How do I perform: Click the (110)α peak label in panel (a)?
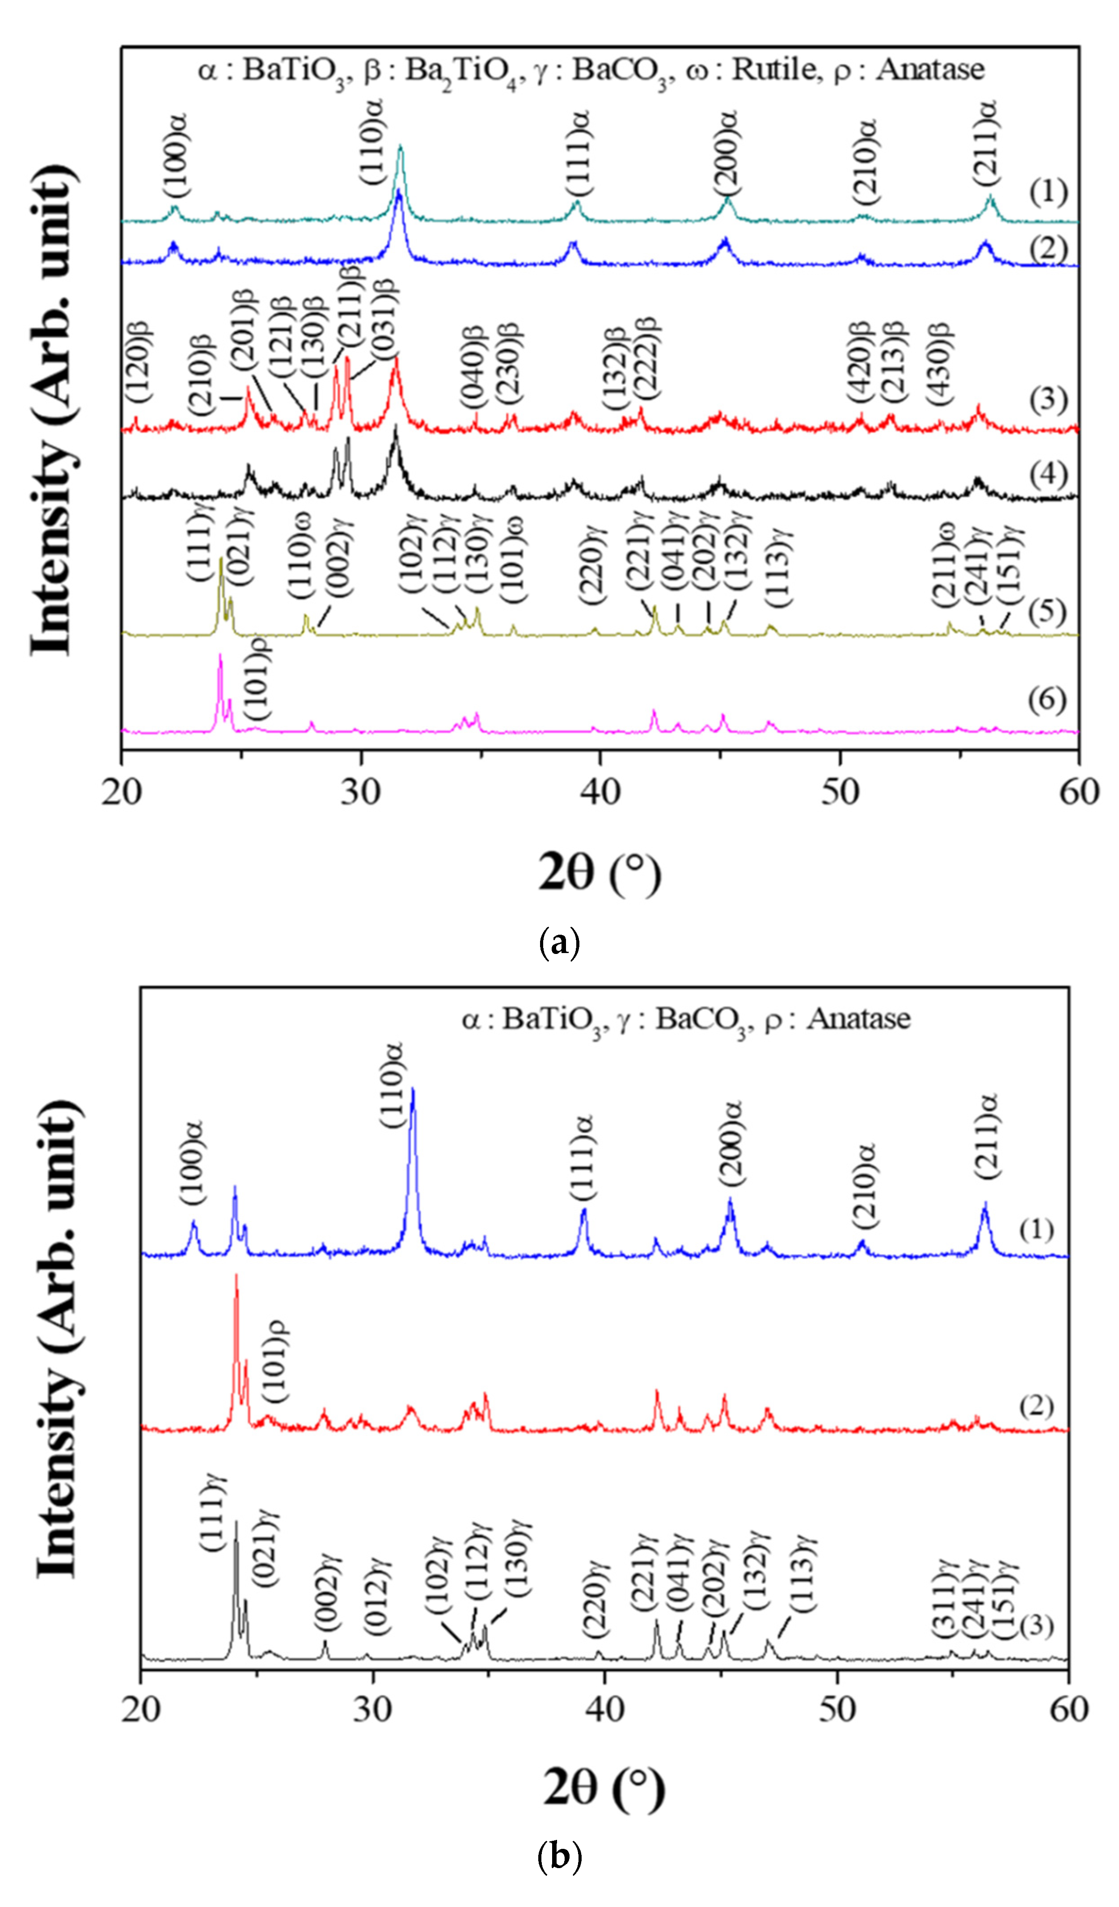click(x=372, y=141)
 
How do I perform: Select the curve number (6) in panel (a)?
click(x=1047, y=700)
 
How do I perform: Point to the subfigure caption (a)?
click(x=559, y=942)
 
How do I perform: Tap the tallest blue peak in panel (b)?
click(x=412, y=1090)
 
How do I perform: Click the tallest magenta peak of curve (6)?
click(x=220, y=655)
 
